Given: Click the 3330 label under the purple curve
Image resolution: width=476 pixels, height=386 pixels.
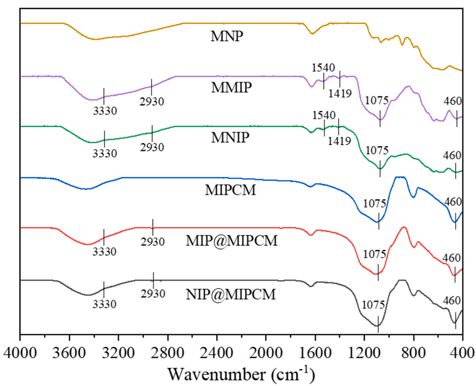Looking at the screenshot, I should click(x=105, y=110).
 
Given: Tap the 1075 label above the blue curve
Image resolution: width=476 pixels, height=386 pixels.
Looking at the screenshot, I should click(x=375, y=203).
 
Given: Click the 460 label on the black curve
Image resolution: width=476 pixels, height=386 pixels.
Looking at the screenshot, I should click(x=452, y=300).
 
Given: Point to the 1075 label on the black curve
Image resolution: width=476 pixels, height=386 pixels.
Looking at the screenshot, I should click(x=375, y=306).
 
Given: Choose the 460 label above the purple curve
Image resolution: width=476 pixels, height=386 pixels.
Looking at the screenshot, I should click(x=453, y=102).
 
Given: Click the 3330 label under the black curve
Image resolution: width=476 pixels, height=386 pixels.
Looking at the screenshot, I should click(x=104, y=304).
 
